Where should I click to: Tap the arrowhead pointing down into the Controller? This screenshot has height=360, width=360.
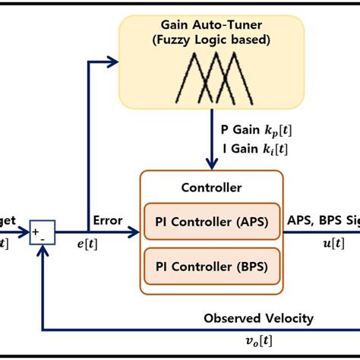(211, 163)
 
